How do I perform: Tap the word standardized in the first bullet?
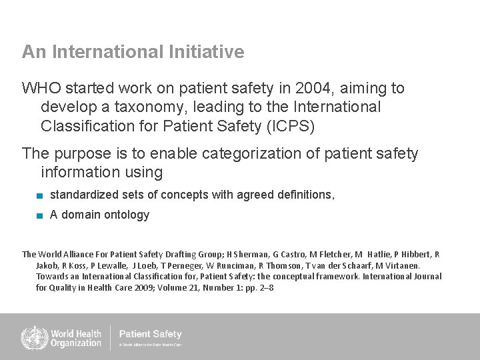(85, 195)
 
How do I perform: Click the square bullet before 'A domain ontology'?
(41, 215)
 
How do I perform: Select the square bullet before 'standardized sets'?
(41, 195)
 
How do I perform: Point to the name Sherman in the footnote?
(251, 255)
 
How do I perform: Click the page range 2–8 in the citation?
(265, 288)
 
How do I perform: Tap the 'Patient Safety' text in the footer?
(150, 334)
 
